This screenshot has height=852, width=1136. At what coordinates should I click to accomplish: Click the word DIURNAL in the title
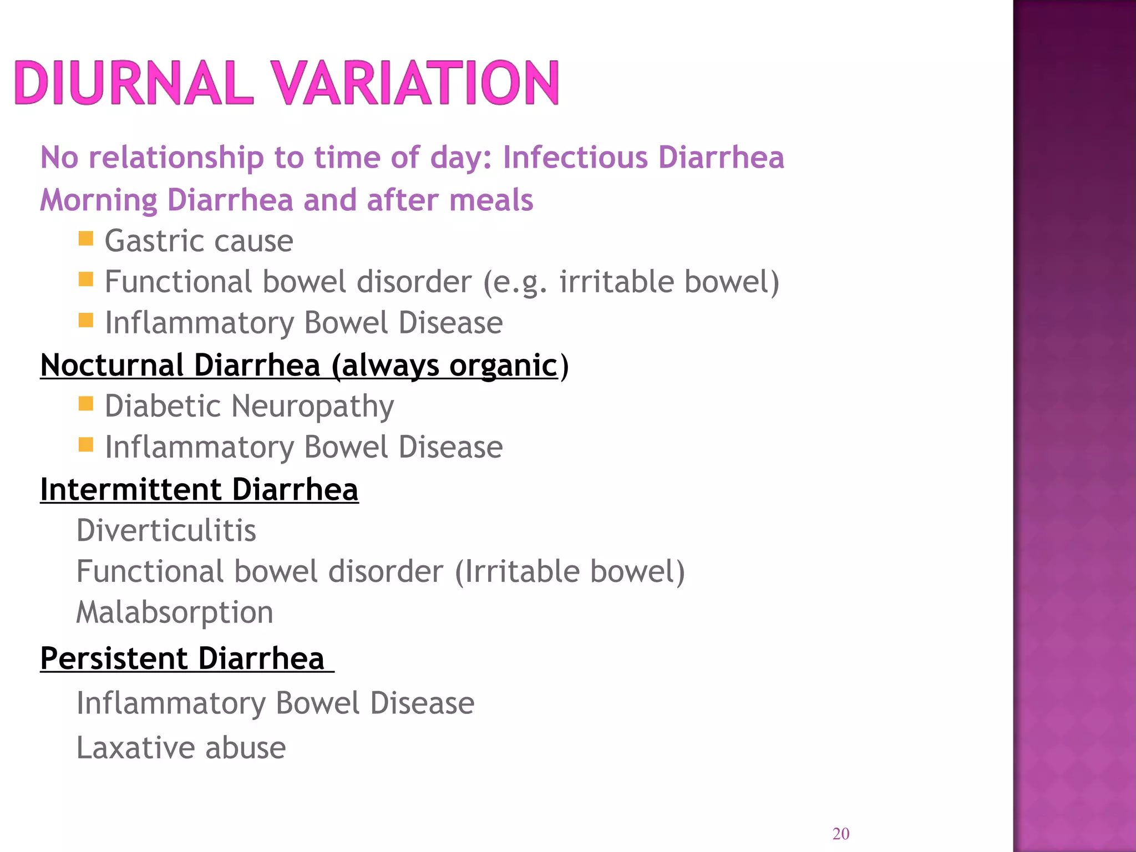133,83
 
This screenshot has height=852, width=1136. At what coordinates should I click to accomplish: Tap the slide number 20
841,834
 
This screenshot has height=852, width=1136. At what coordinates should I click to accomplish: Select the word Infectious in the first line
575,158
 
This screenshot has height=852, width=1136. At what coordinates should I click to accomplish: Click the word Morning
99,201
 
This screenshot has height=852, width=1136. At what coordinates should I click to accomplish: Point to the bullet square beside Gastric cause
86,239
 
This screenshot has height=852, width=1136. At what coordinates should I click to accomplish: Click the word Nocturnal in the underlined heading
112,366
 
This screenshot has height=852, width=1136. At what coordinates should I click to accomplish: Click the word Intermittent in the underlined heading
131,490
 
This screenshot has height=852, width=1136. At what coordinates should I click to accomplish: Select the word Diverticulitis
166,531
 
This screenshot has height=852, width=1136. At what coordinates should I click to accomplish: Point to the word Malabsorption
175,613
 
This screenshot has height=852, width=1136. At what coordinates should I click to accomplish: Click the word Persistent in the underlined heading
114,659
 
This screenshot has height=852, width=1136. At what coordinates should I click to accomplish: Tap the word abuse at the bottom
246,748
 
